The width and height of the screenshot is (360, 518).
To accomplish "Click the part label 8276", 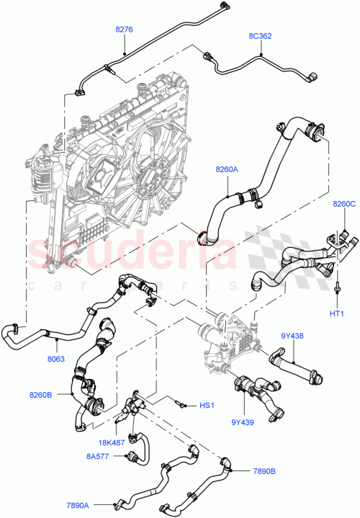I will pos(124,30).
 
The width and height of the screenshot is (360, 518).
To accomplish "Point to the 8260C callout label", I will pos(344,205).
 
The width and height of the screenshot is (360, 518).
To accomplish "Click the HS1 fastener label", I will pos(207,406).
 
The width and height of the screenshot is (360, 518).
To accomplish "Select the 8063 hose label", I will pos(57,357).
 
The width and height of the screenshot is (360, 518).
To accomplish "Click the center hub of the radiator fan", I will pos(153,177).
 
